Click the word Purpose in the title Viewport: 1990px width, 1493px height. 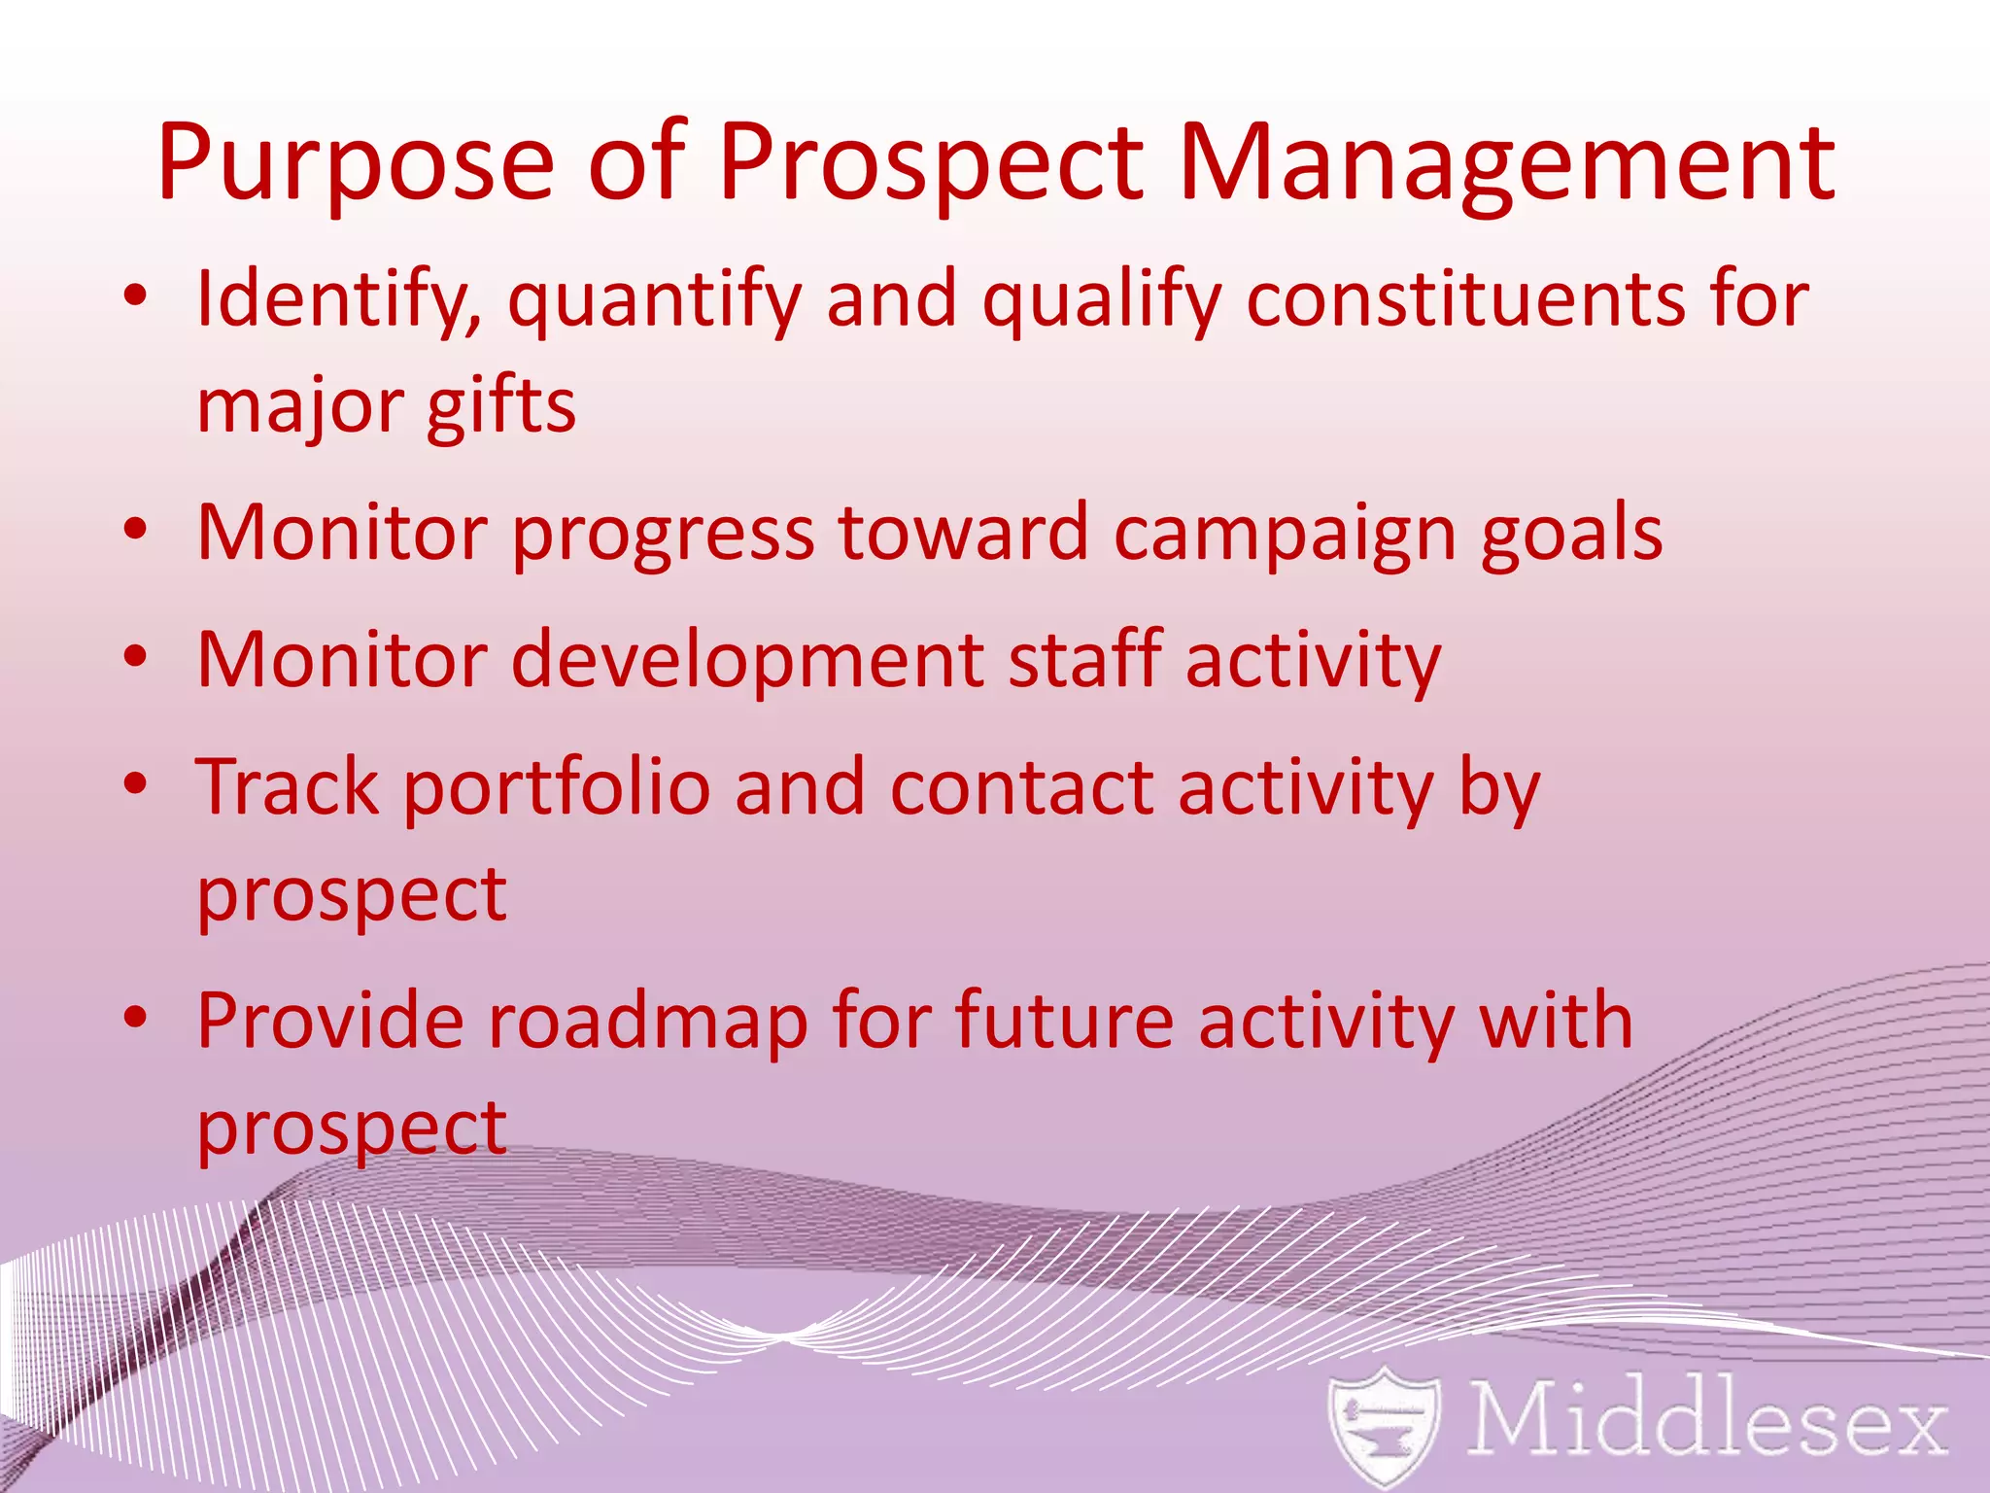356,163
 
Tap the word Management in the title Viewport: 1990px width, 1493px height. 1505,163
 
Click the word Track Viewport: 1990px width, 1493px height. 287,787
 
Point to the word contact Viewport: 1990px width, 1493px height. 1021,787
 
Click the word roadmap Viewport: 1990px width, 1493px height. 647,1023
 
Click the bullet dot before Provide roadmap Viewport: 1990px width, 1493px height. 135,1017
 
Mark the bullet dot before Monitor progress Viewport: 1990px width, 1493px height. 135,529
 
